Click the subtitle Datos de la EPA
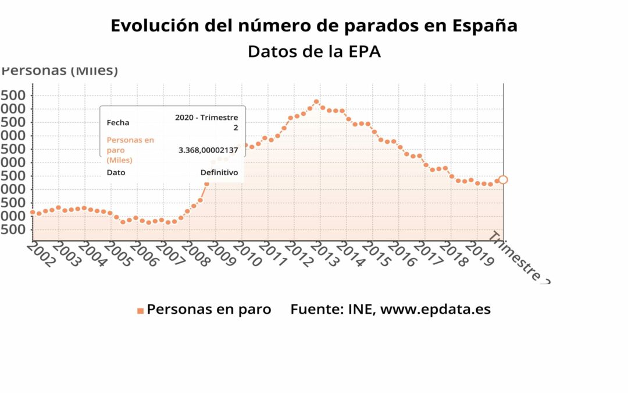pyautogui.click(x=314, y=51)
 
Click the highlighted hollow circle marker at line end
pyautogui.click(x=503, y=180)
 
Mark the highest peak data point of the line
pyautogui.click(x=316, y=102)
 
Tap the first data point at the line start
pyautogui.click(x=33, y=213)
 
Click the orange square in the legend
pyautogui.click(x=140, y=310)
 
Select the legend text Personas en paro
pyautogui.click(x=209, y=309)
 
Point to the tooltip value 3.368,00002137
pyautogui.click(x=208, y=150)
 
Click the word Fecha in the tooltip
pyautogui.click(x=118, y=122)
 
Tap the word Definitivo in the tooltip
pyautogui.click(x=219, y=172)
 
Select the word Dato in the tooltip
pyautogui.click(x=116, y=172)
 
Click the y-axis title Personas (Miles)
pyautogui.click(x=60, y=71)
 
